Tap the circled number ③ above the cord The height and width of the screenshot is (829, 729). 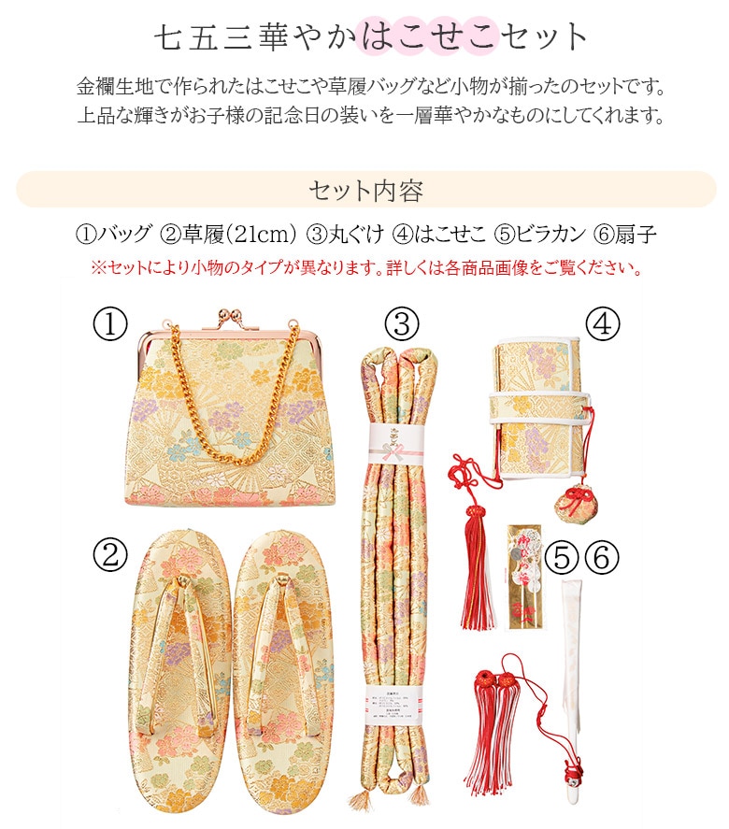pyautogui.click(x=402, y=324)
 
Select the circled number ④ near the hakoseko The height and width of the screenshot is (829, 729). pyautogui.click(x=603, y=322)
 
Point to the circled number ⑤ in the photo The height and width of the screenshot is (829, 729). pyautogui.click(x=562, y=558)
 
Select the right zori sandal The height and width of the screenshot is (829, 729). pyautogui.click(x=282, y=673)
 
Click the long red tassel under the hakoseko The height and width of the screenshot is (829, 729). pyautogui.click(x=478, y=579)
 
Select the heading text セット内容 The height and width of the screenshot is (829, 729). pyautogui.click(x=365, y=190)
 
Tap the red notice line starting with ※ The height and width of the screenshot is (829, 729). pyautogui.click(x=365, y=269)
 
